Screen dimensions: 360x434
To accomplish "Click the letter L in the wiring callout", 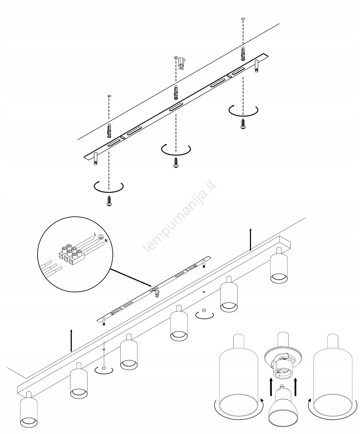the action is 95,234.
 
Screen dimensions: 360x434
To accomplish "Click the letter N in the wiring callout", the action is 106,241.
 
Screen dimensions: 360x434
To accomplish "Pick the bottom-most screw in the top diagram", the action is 109,201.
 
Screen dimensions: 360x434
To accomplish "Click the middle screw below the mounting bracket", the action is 176,162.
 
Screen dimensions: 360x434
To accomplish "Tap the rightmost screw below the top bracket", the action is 243,124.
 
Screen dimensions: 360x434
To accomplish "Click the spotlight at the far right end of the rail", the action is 279,265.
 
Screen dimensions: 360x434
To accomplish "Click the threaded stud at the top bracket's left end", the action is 95,159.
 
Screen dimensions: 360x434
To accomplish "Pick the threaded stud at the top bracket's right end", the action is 256,66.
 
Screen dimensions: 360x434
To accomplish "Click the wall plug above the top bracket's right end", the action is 243,54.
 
